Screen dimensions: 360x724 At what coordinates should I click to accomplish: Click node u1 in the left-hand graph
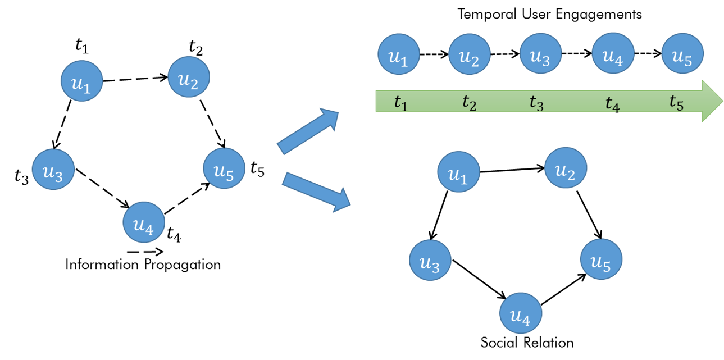(81, 81)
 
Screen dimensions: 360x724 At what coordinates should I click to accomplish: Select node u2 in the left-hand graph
(189, 77)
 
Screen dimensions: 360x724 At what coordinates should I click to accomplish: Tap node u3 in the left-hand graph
(53, 170)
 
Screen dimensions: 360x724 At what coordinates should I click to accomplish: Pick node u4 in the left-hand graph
(144, 222)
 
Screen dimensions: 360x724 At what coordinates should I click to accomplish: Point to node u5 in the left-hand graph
(224, 168)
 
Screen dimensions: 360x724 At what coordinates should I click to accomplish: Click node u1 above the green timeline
(399, 54)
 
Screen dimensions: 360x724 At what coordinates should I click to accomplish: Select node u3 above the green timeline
(540, 54)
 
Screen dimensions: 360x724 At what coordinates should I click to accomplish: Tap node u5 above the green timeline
(682, 54)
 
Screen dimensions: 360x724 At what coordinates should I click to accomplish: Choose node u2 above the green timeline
(470, 54)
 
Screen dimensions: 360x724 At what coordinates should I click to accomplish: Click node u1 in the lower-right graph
(459, 172)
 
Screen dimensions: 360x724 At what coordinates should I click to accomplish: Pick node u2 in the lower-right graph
(566, 168)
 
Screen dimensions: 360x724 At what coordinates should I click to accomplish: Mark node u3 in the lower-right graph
(430, 261)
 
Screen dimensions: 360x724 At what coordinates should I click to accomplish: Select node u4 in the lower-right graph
(521, 313)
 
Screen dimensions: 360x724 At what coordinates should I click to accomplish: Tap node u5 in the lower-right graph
(601, 259)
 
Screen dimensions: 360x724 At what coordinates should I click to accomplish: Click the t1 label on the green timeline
(400, 103)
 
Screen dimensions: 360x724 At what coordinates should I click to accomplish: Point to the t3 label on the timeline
(537, 103)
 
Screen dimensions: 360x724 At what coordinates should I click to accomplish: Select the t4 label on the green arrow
(612, 103)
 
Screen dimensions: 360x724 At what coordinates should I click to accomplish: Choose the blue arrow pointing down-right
(316, 192)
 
